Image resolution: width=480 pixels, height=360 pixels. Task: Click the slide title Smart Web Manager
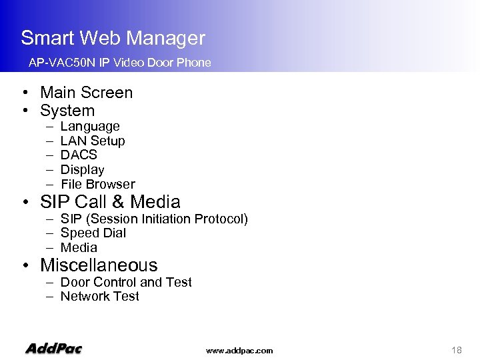(113, 38)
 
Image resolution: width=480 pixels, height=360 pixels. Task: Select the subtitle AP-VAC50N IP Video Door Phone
(119, 63)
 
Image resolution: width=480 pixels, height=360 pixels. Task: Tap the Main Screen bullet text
(86, 93)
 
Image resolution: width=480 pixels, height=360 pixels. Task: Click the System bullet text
(67, 111)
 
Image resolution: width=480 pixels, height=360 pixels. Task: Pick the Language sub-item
(90, 127)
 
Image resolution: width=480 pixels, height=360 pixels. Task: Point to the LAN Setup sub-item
(93, 141)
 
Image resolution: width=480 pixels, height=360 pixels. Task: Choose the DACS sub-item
(79, 155)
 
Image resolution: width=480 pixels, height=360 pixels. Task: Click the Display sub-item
(82, 170)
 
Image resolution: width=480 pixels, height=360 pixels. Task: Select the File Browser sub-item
(97, 185)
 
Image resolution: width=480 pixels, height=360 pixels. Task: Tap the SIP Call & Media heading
(110, 202)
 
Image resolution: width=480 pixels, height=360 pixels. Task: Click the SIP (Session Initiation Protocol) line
(154, 219)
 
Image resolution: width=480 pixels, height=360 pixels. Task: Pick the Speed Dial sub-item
(93, 233)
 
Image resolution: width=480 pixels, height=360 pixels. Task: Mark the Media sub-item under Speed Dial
(79, 248)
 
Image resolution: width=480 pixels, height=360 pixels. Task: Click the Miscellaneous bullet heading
(99, 265)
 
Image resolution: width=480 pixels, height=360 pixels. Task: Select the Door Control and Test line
(126, 283)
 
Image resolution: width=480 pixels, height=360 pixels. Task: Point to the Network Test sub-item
(99, 297)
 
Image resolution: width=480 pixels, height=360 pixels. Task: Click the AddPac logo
(53, 349)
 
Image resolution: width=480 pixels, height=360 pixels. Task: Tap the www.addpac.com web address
(239, 351)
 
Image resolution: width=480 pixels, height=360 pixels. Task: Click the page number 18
(457, 350)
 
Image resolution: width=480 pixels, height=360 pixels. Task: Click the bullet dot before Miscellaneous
(25, 266)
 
